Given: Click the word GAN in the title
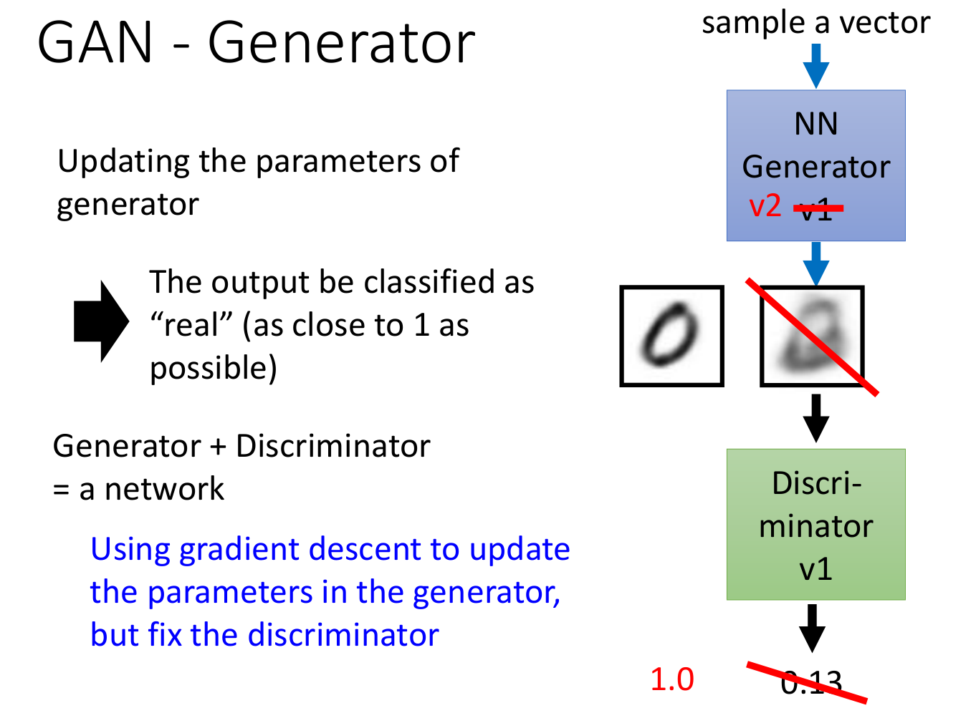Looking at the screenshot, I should click(95, 43).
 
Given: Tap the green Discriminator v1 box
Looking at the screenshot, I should click(815, 524).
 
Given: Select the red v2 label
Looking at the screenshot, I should click(765, 207).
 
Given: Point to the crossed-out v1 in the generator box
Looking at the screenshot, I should click(817, 210).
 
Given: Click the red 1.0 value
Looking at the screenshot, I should click(671, 679).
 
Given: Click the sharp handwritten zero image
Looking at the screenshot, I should click(671, 336).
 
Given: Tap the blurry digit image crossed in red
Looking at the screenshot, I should click(812, 336).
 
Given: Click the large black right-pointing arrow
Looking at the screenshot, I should click(101, 321).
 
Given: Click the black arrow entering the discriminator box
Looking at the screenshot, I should click(815, 417).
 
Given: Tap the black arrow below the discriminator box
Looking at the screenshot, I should click(812, 628).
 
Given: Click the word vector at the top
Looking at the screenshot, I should click(885, 23).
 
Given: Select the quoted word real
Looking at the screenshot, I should click(191, 326).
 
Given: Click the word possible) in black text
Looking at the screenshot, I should click(213, 369).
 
